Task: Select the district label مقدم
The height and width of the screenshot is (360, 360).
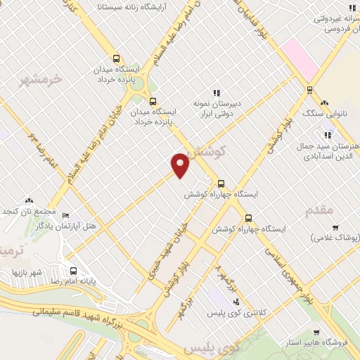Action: (x=319, y=209)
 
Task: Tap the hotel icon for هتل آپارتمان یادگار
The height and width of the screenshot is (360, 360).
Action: (x=65, y=215)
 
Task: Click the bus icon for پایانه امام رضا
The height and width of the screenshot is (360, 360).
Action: (x=73, y=271)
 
